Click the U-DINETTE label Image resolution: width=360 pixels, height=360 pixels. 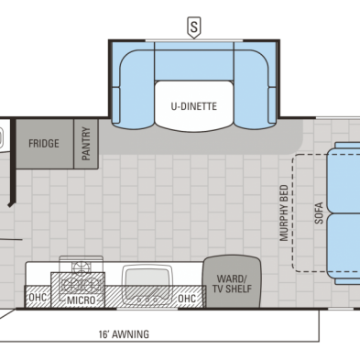pyautogui.click(x=194, y=105)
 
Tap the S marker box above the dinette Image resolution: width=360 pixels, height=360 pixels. pyautogui.click(x=194, y=27)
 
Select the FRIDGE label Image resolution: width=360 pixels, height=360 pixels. pyautogui.click(x=44, y=144)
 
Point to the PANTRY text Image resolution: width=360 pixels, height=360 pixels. pyautogui.click(x=86, y=145)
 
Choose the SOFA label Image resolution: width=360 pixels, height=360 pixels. pyautogui.click(x=318, y=213)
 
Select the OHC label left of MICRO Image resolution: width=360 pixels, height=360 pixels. pyautogui.click(x=38, y=299)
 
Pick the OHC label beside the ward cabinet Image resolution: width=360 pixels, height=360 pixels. pyautogui.click(x=186, y=299)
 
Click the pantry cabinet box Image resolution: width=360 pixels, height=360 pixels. pyautogui.click(x=86, y=143)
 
